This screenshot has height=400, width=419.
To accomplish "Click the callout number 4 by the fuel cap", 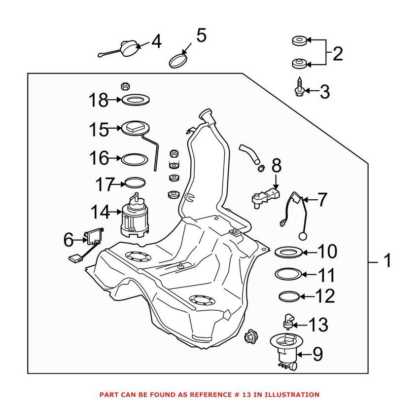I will [x=156, y=42].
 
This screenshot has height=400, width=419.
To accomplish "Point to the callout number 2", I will [x=338, y=53].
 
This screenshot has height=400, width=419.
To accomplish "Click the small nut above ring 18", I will [x=125, y=86].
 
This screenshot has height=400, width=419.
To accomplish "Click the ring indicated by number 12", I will [x=288, y=296].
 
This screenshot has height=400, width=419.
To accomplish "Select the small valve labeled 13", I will [x=287, y=322].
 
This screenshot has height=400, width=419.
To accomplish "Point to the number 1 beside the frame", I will [x=387, y=260].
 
